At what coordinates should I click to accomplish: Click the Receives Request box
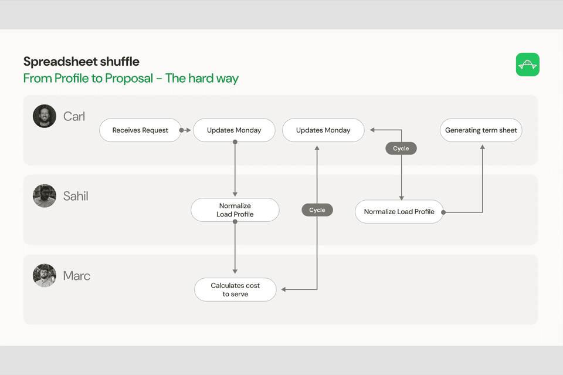140,130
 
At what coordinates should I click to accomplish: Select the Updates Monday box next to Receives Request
234,130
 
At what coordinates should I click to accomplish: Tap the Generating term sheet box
481,130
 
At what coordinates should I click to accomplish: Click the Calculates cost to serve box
235,290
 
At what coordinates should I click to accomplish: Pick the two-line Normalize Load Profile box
235,210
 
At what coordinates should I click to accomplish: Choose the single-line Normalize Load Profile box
399,212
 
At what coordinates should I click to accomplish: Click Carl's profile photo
45,116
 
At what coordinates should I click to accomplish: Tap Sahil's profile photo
45,196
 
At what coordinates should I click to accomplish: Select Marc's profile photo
45,276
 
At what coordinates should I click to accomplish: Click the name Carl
74,117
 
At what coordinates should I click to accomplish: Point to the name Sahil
76,197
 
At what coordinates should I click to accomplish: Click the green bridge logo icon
527,65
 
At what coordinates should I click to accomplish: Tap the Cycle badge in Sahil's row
317,210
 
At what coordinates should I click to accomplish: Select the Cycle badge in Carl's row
401,148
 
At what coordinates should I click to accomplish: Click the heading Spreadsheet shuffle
82,62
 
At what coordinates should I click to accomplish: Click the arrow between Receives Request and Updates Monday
186,130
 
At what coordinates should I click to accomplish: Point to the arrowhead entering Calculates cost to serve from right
283,289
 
